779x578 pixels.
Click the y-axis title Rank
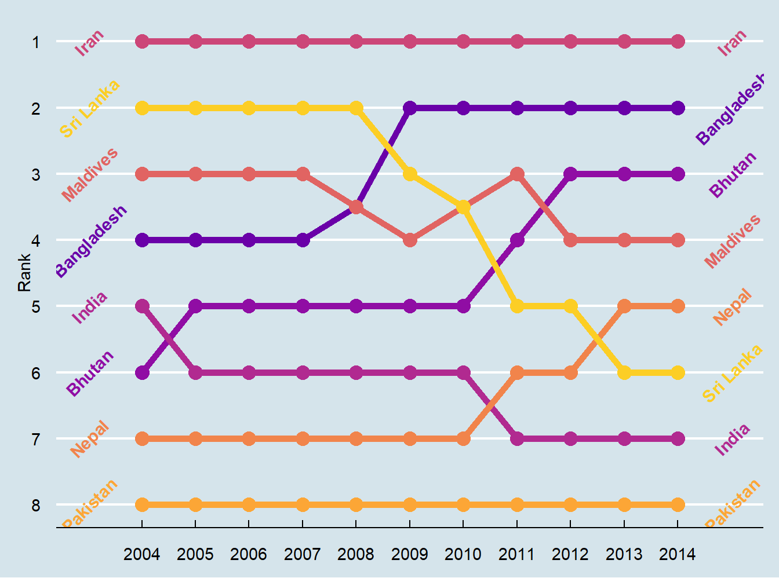(24, 273)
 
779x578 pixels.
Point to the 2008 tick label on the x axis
(356, 554)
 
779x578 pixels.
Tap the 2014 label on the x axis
(678, 554)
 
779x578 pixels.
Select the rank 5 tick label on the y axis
(36, 306)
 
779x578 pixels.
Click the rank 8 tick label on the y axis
(36, 506)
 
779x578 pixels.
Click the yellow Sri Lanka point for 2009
(410, 174)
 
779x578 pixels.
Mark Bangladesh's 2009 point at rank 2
(410, 108)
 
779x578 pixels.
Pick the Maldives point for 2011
(517, 174)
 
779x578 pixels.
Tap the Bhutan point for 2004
(142, 372)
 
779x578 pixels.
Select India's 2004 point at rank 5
(142, 306)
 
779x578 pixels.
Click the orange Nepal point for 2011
(517, 372)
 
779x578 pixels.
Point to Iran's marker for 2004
(142, 41)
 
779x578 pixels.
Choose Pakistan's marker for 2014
(678, 504)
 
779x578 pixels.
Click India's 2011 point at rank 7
(517, 438)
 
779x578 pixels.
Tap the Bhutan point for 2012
(570, 174)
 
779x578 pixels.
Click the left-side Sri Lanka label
(89, 109)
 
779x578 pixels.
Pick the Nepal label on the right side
(732, 307)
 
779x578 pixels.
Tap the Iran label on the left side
(89, 42)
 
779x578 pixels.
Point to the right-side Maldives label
(733, 241)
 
